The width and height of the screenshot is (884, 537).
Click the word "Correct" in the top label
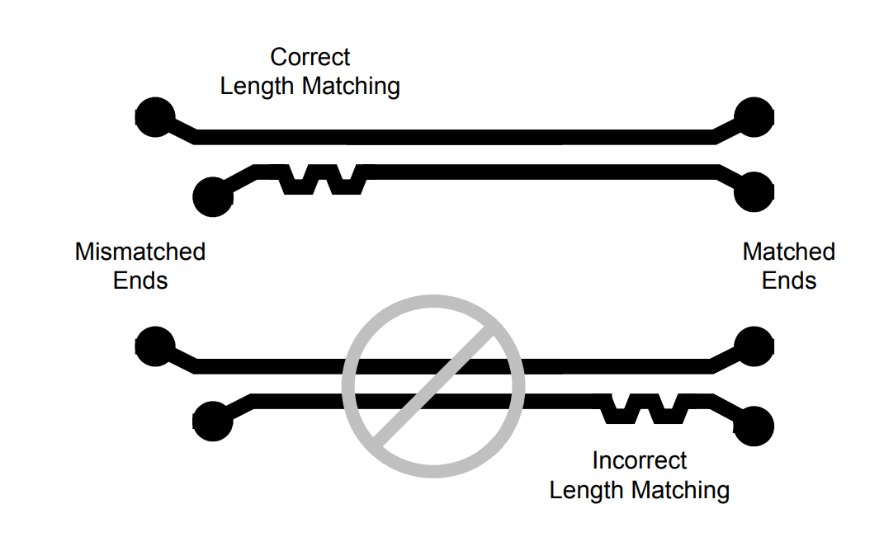pos(310,58)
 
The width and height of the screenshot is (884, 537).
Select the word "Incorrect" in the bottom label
pos(640,460)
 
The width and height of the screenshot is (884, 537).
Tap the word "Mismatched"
pos(140,252)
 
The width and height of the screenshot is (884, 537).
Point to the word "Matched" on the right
pos(789,252)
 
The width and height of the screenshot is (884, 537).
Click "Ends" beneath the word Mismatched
pos(140,280)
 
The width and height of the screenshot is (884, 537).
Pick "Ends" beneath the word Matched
pos(789,280)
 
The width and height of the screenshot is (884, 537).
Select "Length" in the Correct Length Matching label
pos(258,87)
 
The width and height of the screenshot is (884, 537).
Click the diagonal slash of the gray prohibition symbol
pos(433,386)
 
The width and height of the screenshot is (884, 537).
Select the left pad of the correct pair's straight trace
pos(154,117)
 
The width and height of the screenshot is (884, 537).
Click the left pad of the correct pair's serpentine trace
pos(212,197)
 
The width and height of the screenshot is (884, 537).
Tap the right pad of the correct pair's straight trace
pos(754,117)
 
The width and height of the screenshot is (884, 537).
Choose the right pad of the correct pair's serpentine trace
pos(754,193)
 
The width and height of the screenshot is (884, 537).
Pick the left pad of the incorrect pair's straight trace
pos(154,346)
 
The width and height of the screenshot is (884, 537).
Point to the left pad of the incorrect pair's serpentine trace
pos(212,422)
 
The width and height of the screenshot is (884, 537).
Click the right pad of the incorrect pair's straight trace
pos(754,346)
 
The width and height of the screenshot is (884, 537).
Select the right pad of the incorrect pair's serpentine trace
pos(754,425)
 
